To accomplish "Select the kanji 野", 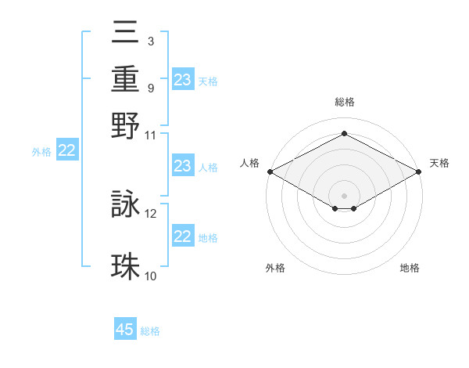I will (x=126, y=125).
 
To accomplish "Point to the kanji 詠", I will (x=126, y=204).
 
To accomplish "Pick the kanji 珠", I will (x=126, y=266).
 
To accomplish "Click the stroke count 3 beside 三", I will (x=150, y=40).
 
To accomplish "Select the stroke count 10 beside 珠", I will (x=151, y=276).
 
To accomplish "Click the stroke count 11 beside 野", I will (x=151, y=135).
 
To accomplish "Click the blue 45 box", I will (x=125, y=330).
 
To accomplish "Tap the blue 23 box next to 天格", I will (x=183, y=80).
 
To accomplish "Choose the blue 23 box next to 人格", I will (x=183, y=166).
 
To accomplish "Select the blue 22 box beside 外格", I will (x=66, y=151).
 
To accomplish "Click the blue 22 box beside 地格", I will (x=183, y=236).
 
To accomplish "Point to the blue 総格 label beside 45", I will (x=150, y=331).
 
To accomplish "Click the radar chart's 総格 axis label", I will (x=344, y=102).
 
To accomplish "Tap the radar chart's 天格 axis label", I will (x=440, y=163).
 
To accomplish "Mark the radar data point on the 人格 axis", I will (x=270, y=171).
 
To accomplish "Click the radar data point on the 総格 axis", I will (x=344, y=134).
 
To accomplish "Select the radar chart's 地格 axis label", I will (x=410, y=268).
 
